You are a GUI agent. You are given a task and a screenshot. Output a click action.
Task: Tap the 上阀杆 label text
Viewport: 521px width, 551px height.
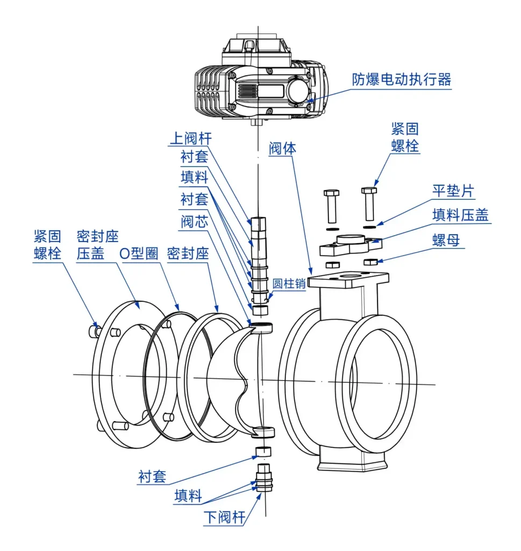(190, 138)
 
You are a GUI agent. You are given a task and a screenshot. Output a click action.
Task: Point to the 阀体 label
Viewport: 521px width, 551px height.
(282, 148)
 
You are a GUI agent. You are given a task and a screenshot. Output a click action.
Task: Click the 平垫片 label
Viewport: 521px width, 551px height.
(454, 191)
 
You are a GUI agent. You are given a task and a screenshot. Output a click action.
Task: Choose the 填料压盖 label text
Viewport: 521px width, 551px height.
(460, 215)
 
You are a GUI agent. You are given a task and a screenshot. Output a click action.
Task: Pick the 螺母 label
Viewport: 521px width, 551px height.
(446, 240)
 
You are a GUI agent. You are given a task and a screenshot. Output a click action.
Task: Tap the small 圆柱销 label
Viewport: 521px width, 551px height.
(289, 284)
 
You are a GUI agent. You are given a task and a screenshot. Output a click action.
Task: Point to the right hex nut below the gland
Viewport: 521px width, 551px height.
(370, 262)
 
